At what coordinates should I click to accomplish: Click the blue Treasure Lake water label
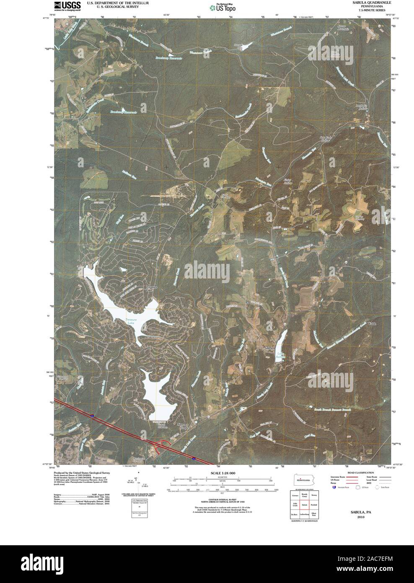click(x=131, y=320)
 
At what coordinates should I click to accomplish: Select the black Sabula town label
click(x=268, y=348)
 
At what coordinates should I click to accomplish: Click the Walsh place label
click(x=372, y=324)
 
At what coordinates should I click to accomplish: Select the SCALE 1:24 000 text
click(x=223, y=473)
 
